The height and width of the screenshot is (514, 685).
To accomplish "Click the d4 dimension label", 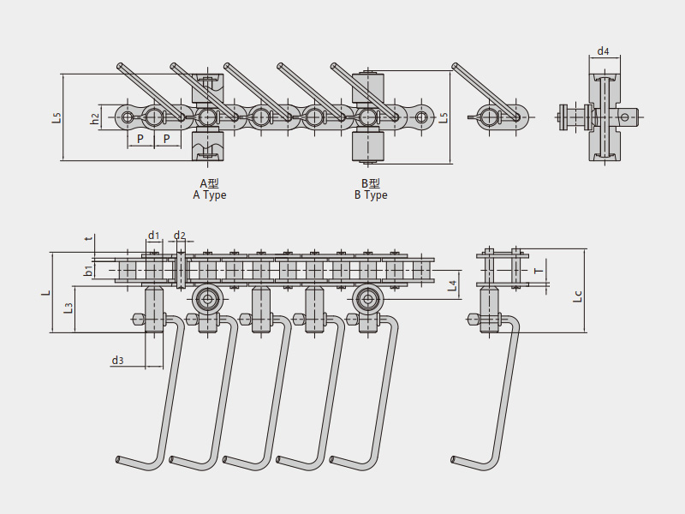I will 603,51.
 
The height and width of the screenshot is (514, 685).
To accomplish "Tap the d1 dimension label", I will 153,235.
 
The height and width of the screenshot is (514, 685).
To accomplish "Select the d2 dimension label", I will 179,235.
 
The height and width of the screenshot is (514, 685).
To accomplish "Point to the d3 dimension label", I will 117,361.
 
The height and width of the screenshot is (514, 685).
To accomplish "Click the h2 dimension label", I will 95,119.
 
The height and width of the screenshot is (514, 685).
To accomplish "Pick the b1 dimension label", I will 88,271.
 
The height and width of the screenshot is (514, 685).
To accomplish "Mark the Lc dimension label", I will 578,296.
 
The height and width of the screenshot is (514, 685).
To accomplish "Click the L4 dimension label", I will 453,284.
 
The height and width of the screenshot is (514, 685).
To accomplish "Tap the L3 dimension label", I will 68,306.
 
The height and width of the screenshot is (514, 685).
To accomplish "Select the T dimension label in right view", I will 538,270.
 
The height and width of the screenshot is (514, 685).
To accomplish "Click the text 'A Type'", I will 210,195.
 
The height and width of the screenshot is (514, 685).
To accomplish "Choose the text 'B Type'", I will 371,195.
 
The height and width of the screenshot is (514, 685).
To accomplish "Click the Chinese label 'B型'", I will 371,183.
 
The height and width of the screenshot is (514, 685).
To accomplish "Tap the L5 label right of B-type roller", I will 443,118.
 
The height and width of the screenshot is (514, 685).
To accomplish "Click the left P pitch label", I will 140,138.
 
